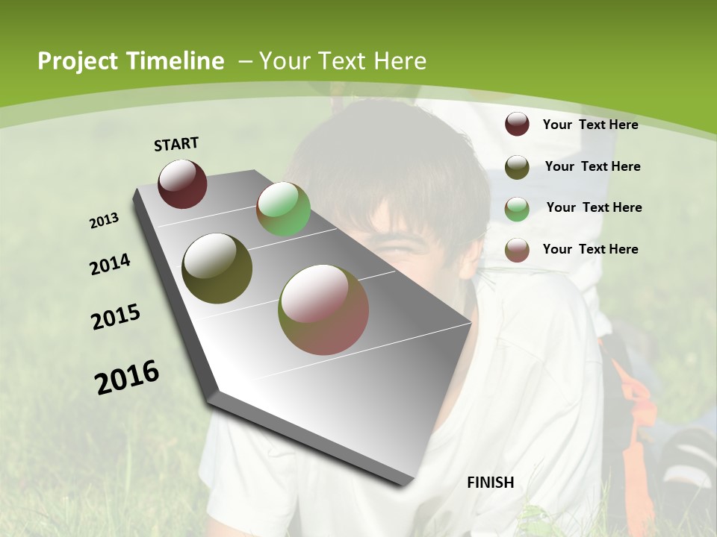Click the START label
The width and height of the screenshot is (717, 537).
tap(176, 144)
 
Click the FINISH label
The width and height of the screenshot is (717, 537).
tap(491, 483)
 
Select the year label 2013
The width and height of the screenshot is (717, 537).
tap(105, 221)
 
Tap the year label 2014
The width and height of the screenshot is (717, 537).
tap(111, 264)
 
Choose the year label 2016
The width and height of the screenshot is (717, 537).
tap(127, 377)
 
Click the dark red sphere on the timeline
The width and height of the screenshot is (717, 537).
tap(182, 183)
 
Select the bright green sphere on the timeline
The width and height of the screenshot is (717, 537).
tap(283, 209)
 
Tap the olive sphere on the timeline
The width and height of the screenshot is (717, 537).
tap(217, 268)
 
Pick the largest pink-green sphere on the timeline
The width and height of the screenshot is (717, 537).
tap(323, 310)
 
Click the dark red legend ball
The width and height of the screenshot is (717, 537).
tap(517, 125)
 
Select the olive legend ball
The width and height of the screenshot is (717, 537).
tap(517, 167)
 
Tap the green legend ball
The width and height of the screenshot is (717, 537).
tap(517, 208)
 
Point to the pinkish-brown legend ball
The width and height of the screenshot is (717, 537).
tap(517, 250)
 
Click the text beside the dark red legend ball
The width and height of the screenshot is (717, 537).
tap(590, 125)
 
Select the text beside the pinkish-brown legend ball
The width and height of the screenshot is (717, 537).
tap(590, 249)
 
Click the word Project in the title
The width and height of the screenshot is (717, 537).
tap(78, 61)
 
